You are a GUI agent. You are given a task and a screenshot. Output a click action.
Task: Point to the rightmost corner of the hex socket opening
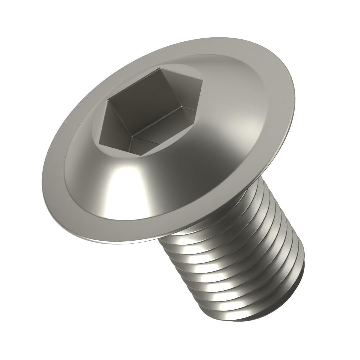203,80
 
